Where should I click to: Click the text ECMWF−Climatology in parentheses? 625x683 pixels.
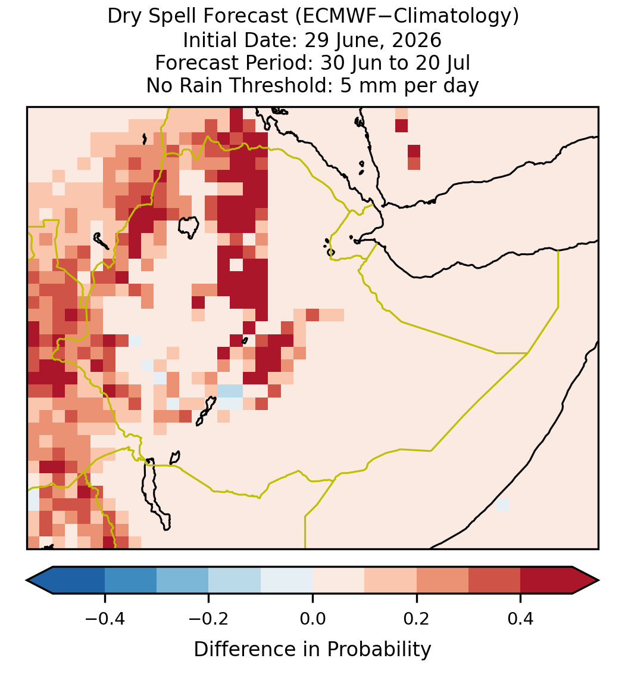click(407, 17)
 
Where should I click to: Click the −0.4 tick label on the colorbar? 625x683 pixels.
click(104, 619)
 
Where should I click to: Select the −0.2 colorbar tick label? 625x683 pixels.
click(208, 619)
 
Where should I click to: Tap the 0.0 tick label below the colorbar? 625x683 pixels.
click(312, 619)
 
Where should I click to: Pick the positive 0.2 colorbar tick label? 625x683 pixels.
click(417, 619)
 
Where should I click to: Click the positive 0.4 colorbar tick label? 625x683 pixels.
click(521, 619)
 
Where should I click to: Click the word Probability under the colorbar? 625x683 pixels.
click(379, 650)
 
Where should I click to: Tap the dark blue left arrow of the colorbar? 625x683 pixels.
click(40, 580)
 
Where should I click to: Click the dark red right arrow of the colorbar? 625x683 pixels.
click(586, 580)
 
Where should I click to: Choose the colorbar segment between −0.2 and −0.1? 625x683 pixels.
click(235, 580)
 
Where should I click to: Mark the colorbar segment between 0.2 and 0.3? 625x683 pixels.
click(442, 580)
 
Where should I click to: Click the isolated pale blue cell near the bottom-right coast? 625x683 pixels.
click(503, 504)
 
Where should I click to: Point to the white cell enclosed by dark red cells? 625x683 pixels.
click(236, 265)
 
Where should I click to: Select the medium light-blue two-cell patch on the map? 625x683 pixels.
click(230, 391)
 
